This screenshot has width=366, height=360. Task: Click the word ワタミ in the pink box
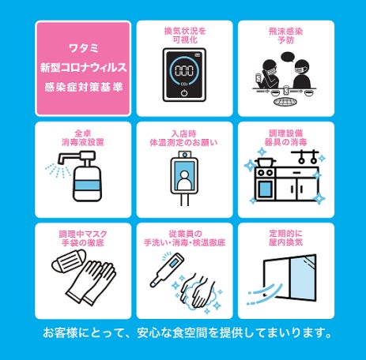point(84,48)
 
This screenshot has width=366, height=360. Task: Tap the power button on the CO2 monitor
point(184,93)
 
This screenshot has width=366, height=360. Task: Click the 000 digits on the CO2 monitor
point(184,70)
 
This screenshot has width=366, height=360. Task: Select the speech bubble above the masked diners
point(287,57)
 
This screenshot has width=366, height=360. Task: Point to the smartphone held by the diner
point(258,77)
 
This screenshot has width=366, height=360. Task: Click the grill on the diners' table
point(285,101)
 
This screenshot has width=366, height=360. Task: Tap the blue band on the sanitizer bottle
point(87,185)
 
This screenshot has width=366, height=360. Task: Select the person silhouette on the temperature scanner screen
point(184,180)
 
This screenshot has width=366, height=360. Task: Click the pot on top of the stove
point(265,162)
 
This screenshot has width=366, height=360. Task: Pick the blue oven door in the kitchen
point(265,189)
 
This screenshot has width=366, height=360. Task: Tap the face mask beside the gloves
point(70,261)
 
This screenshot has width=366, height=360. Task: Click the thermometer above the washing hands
point(167,270)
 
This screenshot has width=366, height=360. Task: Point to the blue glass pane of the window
point(303,278)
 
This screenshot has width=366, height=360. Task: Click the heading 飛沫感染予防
point(286,36)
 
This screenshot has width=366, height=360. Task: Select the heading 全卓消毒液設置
point(83,137)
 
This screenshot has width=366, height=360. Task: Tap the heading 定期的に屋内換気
point(286,238)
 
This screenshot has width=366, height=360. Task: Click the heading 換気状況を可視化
point(185,36)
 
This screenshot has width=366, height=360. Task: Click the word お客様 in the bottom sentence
point(61,333)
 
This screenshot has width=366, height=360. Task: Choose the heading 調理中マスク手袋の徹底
point(83,238)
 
